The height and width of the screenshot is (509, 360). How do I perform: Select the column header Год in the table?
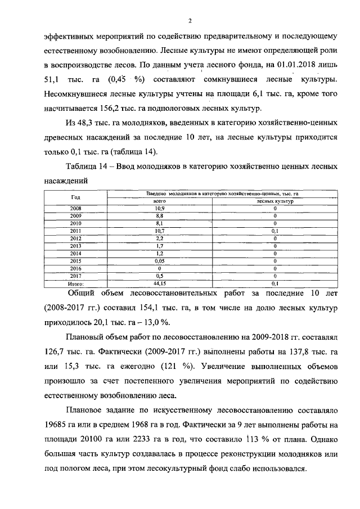point(75,197)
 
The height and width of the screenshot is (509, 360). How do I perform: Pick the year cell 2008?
point(75,208)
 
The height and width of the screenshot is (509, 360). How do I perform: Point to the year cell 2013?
point(75,246)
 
